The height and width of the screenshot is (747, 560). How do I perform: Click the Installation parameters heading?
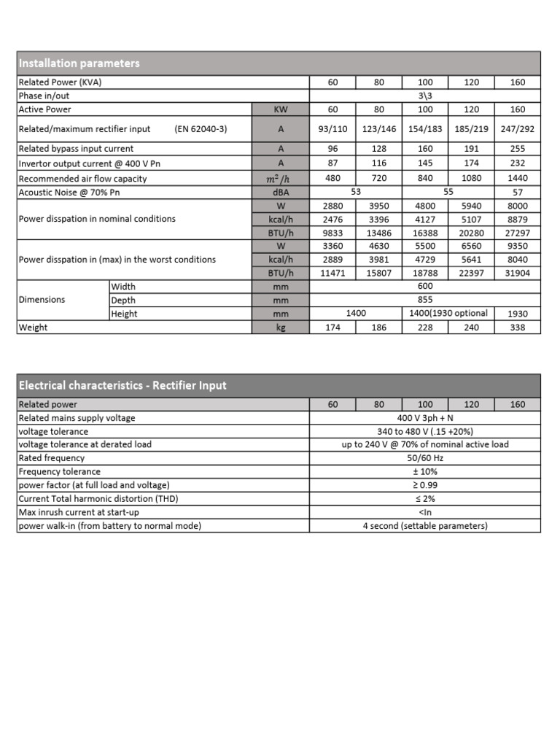(79, 63)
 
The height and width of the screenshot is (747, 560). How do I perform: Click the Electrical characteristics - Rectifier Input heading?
(122, 385)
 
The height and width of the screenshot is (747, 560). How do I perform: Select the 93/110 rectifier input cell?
(332, 129)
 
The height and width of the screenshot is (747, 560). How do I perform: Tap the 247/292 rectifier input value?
(517, 129)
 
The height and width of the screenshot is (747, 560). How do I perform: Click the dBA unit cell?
(280, 192)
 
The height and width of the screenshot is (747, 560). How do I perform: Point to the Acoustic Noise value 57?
(517, 192)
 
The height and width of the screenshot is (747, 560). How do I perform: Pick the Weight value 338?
(517, 328)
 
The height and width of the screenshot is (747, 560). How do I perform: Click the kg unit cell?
(280, 328)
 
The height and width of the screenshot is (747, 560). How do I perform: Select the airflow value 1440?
(517, 178)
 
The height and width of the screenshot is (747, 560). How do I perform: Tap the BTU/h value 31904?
(517, 273)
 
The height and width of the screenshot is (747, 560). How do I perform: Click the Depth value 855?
(425, 300)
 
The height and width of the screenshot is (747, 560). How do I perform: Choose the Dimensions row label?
(42, 300)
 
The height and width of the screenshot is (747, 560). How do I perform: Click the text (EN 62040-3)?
(201, 129)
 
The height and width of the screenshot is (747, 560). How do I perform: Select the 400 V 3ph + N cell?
(425, 418)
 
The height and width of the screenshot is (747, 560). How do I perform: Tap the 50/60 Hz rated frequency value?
(425, 458)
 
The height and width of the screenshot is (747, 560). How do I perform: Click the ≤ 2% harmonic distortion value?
(425, 499)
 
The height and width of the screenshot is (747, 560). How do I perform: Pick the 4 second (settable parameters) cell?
(425, 526)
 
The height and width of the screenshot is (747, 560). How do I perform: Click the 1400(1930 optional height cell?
(448, 314)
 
